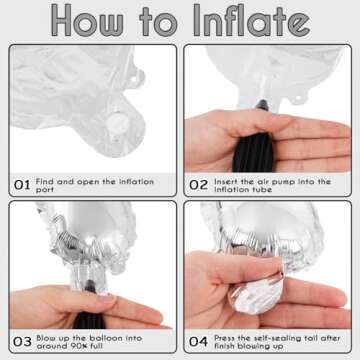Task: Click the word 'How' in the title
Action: [x=87, y=20]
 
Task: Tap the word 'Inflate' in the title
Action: [x=252, y=20]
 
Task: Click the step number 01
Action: [x=22, y=185]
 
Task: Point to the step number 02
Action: [x=198, y=185]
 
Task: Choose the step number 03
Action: [x=22, y=342]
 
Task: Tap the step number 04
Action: [x=198, y=342]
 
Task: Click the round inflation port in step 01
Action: [x=117, y=123]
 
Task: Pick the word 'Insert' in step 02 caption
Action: [x=226, y=182]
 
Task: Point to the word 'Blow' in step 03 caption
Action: [x=45, y=338]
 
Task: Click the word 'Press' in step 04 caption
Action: [x=225, y=338]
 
